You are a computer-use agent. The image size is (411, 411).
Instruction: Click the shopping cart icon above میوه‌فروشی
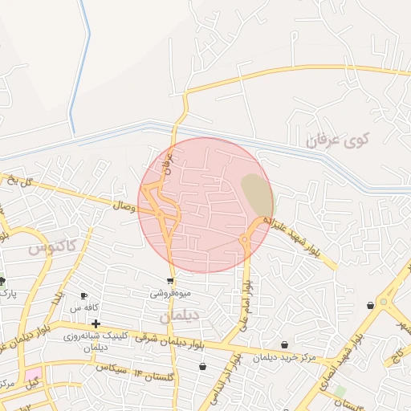pos(170,281)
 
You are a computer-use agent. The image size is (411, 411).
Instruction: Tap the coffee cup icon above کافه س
pos(83,295)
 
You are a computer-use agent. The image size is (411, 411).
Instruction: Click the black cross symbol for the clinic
pos(96,324)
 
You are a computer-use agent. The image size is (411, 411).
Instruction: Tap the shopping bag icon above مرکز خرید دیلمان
pos(284,345)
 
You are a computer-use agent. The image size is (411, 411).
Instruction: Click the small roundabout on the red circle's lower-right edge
pos(244,238)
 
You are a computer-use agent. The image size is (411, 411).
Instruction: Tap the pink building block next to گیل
pos(32,374)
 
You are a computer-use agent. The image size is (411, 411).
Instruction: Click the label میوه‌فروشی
pos(170,294)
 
